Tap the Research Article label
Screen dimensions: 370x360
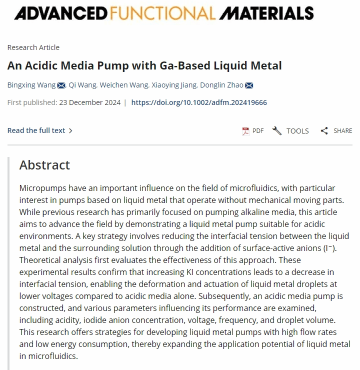pos(33,47)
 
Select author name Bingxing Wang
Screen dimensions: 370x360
pos(31,85)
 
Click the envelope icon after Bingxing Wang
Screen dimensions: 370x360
pos(61,85)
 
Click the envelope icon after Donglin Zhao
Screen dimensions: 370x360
pos(249,85)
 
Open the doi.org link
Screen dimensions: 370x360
pos(199,102)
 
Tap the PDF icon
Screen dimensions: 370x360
pos(245,131)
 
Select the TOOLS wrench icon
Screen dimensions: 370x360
pos(277,131)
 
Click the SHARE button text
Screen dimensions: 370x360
pos(342,131)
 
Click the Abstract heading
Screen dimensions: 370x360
pos(44,165)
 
